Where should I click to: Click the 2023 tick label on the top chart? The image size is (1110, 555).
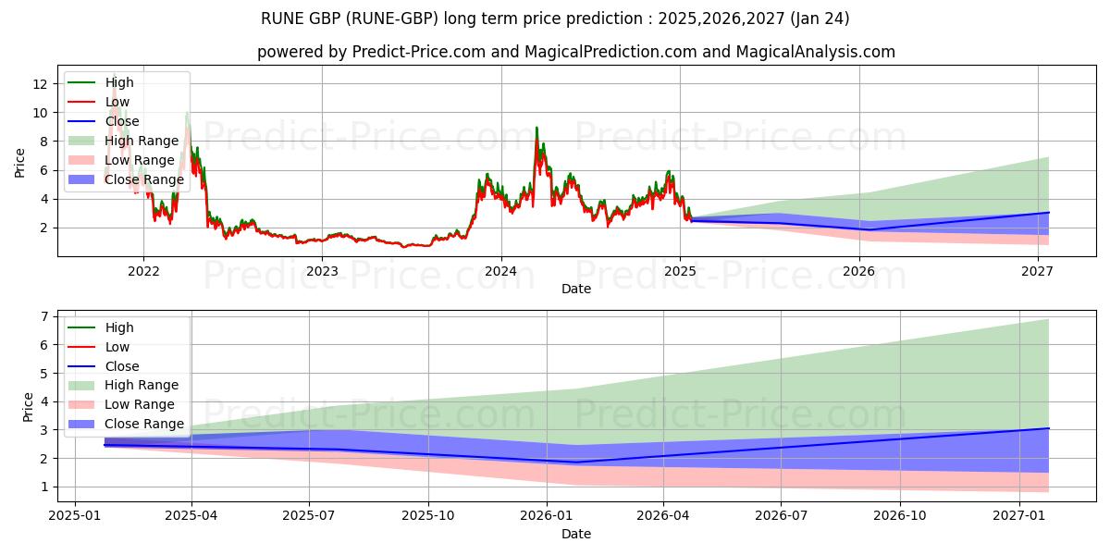(x=322, y=271)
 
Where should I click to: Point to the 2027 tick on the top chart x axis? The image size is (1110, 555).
(x=1038, y=271)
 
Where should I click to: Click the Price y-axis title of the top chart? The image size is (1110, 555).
(x=20, y=162)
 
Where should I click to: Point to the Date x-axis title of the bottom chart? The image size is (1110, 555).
(x=576, y=534)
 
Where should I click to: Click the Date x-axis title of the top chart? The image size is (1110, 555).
(x=576, y=289)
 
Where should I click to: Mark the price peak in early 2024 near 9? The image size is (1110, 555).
(x=536, y=129)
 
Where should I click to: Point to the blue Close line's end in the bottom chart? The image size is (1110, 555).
(x=1048, y=428)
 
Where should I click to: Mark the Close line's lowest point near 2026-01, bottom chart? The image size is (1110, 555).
(x=575, y=462)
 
